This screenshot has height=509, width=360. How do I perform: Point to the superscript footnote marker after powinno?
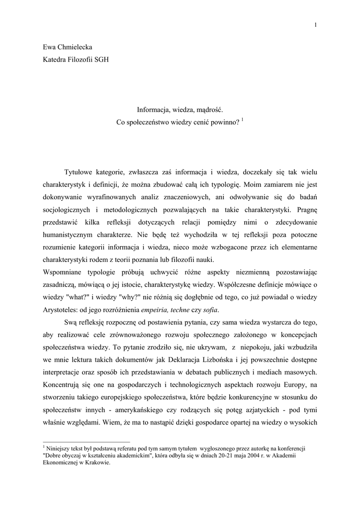pyautogui.click(x=242, y=119)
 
